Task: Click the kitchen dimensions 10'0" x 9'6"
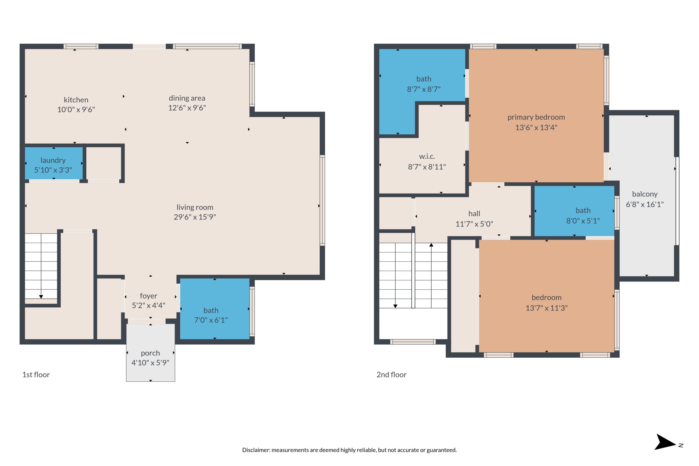(x=76, y=109)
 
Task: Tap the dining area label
(x=187, y=98)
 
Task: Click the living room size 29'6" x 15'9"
(x=195, y=217)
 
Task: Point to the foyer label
(x=148, y=296)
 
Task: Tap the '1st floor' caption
(x=36, y=375)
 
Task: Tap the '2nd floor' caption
(x=391, y=375)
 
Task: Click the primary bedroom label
(x=536, y=117)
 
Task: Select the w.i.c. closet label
(x=427, y=156)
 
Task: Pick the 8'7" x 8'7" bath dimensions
(x=423, y=89)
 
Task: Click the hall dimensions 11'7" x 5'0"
(x=474, y=224)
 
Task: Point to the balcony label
(x=645, y=194)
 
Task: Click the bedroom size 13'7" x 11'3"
(x=546, y=308)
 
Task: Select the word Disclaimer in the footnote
(x=256, y=450)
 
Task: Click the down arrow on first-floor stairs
(x=41, y=296)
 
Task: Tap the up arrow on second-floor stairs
(x=431, y=245)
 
